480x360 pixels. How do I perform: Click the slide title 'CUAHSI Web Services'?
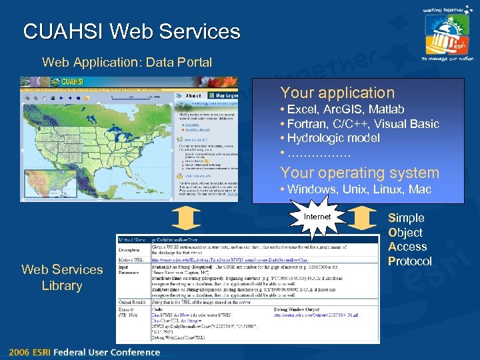131,31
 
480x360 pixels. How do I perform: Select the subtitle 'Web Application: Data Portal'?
127,63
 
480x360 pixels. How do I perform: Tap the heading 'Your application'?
337,93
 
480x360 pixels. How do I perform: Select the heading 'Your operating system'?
359,173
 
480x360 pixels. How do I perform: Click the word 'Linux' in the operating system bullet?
387,189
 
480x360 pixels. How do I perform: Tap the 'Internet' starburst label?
317,217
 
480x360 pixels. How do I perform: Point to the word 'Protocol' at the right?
409,261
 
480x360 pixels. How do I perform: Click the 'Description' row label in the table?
131,248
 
